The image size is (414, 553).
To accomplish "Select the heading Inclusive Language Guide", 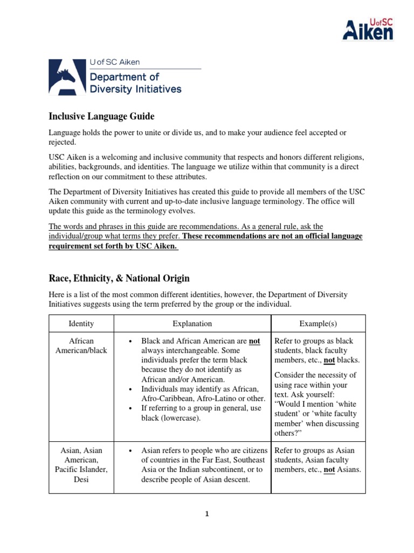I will [x=101, y=116].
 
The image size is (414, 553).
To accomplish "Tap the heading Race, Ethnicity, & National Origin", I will [x=119, y=279].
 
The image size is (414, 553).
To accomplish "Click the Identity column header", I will [x=81, y=323].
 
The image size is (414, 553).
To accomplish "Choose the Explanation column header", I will [x=192, y=323].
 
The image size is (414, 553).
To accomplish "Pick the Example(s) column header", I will [x=318, y=323].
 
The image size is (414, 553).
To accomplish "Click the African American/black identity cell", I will [x=81, y=346].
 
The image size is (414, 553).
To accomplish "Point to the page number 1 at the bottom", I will [x=207, y=514].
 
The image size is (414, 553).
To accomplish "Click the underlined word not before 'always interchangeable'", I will [x=254, y=341].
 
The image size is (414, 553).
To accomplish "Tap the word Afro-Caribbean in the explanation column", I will [x=168, y=399].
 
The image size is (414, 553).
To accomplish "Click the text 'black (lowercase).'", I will [x=170, y=419].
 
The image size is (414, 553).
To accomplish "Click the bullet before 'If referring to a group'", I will [x=131, y=409].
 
